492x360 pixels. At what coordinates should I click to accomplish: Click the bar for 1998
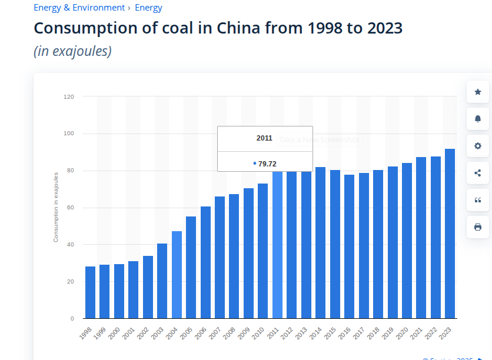pyautogui.click(x=90, y=292)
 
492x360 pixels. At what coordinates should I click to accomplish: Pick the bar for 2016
pyautogui.click(x=349, y=246)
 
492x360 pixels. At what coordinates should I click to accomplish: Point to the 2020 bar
pyautogui.click(x=407, y=241)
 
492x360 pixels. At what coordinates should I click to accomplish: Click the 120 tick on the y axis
pyautogui.click(x=69, y=96)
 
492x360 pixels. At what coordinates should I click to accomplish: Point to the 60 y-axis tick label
pyautogui.click(x=70, y=208)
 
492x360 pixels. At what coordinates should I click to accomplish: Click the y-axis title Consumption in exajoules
pyautogui.click(x=56, y=207)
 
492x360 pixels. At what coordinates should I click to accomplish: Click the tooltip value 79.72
pyautogui.click(x=267, y=164)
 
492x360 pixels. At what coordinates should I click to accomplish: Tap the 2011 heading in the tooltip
pyautogui.click(x=264, y=138)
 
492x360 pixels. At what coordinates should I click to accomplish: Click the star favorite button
pyautogui.click(x=478, y=92)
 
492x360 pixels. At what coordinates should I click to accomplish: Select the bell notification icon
pyautogui.click(x=478, y=119)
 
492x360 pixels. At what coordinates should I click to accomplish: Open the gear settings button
pyautogui.click(x=478, y=146)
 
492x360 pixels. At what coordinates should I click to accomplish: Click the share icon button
pyautogui.click(x=478, y=173)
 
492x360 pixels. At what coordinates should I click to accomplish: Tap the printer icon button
pyautogui.click(x=478, y=227)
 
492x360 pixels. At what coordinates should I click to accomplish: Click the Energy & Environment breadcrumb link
pyautogui.click(x=79, y=8)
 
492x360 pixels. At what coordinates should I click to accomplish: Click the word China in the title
pyautogui.click(x=241, y=28)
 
